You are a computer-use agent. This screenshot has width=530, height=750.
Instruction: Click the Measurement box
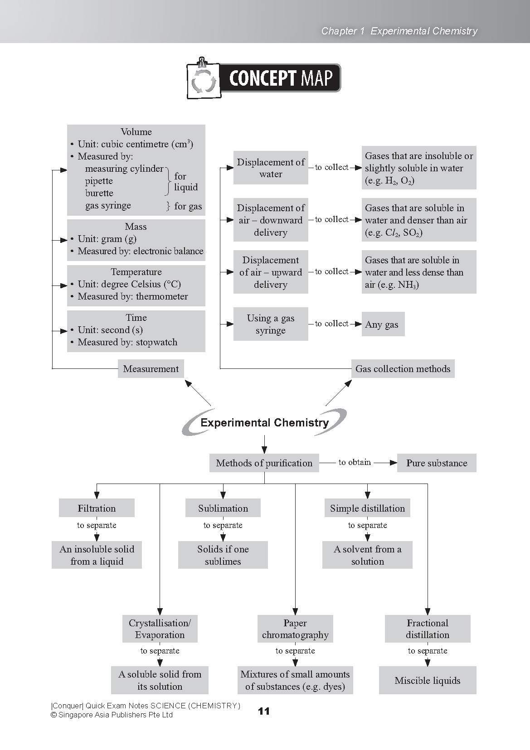(x=151, y=369)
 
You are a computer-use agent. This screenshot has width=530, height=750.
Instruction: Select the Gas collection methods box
(x=403, y=369)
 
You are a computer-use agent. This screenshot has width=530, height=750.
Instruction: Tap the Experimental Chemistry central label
(x=264, y=423)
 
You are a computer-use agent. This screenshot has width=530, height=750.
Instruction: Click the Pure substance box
(x=436, y=463)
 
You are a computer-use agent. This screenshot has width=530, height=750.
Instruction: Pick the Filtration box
(x=97, y=508)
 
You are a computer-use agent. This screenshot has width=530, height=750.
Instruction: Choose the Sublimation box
(x=223, y=508)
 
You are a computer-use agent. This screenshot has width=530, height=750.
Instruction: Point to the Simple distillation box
(x=367, y=508)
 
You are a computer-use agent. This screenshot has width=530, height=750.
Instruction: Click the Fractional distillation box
(x=427, y=629)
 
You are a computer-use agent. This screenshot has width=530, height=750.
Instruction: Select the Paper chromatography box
(x=295, y=629)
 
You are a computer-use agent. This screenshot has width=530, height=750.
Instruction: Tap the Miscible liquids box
(x=427, y=680)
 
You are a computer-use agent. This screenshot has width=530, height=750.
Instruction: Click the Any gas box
(x=382, y=324)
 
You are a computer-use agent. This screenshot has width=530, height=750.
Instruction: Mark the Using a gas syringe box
(x=270, y=324)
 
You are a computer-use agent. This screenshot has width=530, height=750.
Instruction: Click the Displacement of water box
(x=270, y=168)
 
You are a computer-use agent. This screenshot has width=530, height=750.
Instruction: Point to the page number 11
(x=264, y=711)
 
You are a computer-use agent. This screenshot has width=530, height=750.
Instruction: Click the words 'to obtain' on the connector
(x=355, y=462)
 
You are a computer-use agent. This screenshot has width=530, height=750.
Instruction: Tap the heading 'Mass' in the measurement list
(x=136, y=227)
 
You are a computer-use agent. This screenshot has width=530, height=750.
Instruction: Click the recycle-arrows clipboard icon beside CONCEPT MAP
(x=203, y=80)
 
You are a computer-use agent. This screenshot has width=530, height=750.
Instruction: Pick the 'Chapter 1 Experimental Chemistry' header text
(x=399, y=31)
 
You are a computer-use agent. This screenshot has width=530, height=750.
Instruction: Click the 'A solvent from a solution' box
(x=367, y=555)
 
